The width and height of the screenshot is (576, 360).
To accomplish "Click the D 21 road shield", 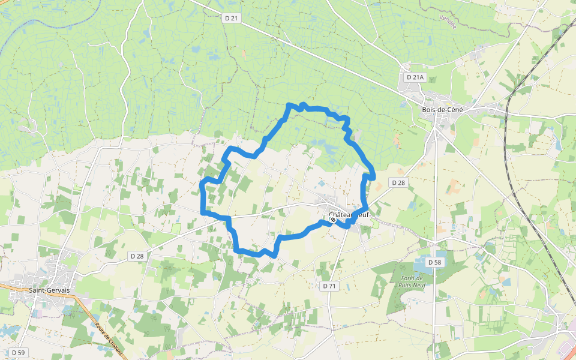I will [x=231, y=18].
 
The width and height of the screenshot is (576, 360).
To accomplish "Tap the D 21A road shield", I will [x=415, y=77].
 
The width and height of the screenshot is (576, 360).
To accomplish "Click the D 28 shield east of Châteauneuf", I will [x=398, y=182].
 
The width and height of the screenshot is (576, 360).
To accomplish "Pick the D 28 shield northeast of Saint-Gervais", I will [x=137, y=256].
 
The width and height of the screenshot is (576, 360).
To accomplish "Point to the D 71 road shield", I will [x=329, y=286].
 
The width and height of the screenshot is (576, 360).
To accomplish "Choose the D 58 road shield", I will [x=435, y=262].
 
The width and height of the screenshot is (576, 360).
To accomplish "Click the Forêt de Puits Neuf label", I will [x=411, y=282].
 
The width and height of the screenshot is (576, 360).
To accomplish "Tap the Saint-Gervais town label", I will [x=49, y=290].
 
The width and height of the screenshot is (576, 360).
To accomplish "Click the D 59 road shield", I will [x=18, y=352].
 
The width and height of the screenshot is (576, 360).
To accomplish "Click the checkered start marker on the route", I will [x=333, y=220].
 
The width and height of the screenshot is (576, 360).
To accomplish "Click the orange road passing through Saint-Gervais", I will [x=90, y=312].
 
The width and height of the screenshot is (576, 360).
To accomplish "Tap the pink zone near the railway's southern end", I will [x=566, y=348].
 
